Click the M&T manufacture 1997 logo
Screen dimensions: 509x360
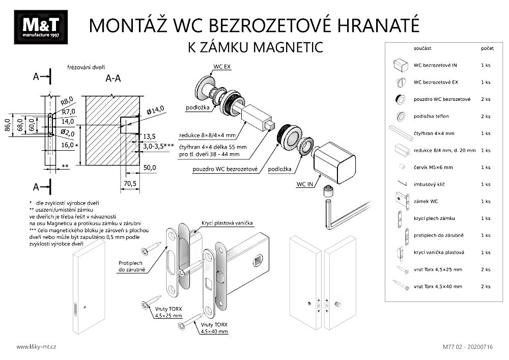41,27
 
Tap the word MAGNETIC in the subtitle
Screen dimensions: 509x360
288,47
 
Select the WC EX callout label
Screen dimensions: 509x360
222,67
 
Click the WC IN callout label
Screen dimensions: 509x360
305,184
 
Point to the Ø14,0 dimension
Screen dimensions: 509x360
155,110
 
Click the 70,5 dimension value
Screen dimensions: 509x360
130,184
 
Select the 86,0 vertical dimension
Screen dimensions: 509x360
8,125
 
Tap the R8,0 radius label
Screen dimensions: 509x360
67,101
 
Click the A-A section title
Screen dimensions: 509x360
114,78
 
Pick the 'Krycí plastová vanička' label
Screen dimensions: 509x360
227,223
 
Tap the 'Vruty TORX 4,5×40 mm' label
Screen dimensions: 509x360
214,328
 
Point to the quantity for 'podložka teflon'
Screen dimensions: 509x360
486,116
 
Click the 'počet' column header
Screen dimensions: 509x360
487,48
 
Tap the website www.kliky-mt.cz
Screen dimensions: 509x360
36,347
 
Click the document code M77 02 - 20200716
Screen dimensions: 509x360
467,347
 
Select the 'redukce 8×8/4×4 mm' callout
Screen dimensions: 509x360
208,135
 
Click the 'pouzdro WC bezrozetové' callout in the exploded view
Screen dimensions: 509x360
225,169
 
